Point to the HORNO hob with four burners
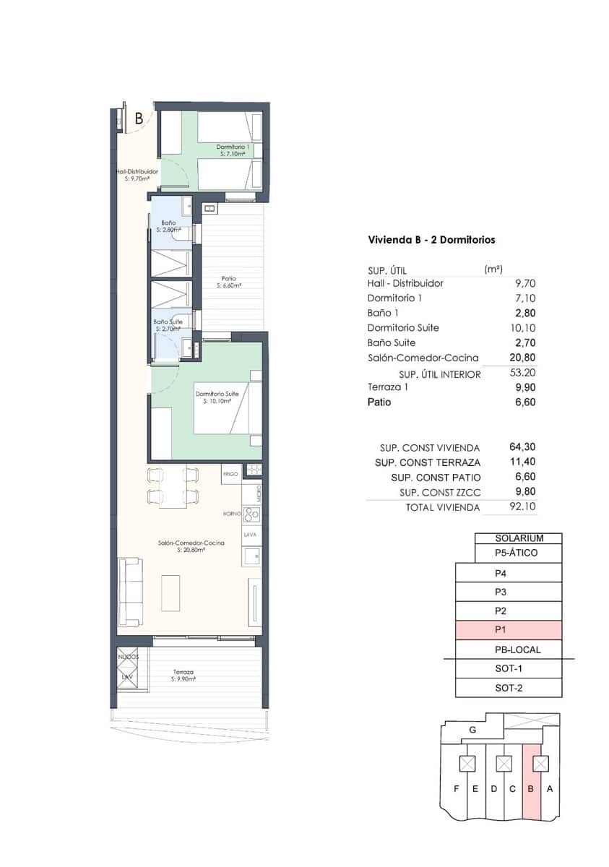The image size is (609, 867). point(252,514)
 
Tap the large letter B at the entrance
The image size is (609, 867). point(139,119)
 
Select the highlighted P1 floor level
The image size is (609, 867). point(509,630)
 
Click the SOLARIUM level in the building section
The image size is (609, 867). point(518,538)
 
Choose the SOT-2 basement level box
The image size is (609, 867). point(509,688)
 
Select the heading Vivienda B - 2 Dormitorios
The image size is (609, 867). point(431,240)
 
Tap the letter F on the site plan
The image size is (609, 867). point(456,788)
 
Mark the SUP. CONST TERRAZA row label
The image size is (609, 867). point(428,462)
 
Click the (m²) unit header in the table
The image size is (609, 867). point(493,269)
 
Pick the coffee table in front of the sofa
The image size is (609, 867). point(170,592)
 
